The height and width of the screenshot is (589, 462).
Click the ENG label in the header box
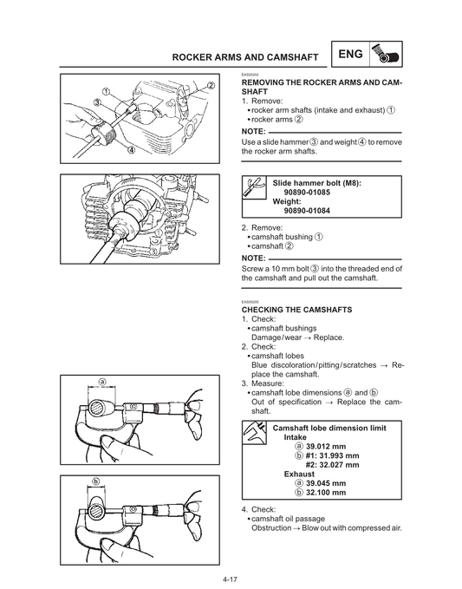pyautogui.click(x=350, y=54)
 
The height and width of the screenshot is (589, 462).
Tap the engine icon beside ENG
pyautogui.click(x=386, y=54)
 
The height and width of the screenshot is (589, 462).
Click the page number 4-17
pyautogui.click(x=230, y=579)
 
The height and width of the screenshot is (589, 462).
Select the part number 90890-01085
pyautogui.click(x=307, y=193)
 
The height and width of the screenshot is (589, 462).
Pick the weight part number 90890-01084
pyautogui.click(x=307, y=211)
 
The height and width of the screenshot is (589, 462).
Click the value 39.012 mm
pyautogui.click(x=326, y=447)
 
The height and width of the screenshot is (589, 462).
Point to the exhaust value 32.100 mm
pyautogui.click(x=326, y=493)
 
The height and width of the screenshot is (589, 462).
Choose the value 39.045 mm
pyautogui.click(x=326, y=483)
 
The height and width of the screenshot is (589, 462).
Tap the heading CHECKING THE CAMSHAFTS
pyautogui.click(x=296, y=310)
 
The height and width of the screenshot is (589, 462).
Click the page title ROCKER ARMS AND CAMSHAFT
pyautogui.click(x=245, y=57)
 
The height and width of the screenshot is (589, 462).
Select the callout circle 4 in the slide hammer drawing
pyautogui.click(x=132, y=150)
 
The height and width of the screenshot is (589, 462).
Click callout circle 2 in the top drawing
pyautogui.click(x=211, y=85)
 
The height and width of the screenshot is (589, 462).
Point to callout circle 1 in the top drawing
pyautogui.click(x=106, y=91)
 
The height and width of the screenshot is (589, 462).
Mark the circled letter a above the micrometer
pyautogui.click(x=101, y=382)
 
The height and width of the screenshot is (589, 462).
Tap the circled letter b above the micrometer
pyautogui.click(x=96, y=481)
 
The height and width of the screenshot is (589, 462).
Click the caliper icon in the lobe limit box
pyautogui.click(x=254, y=433)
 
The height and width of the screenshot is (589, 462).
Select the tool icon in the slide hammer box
pyautogui.click(x=254, y=187)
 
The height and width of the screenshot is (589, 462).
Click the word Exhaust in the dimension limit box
pyautogui.click(x=299, y=474)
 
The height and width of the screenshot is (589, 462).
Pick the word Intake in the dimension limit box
pyautogui.click(x=295, y=437)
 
